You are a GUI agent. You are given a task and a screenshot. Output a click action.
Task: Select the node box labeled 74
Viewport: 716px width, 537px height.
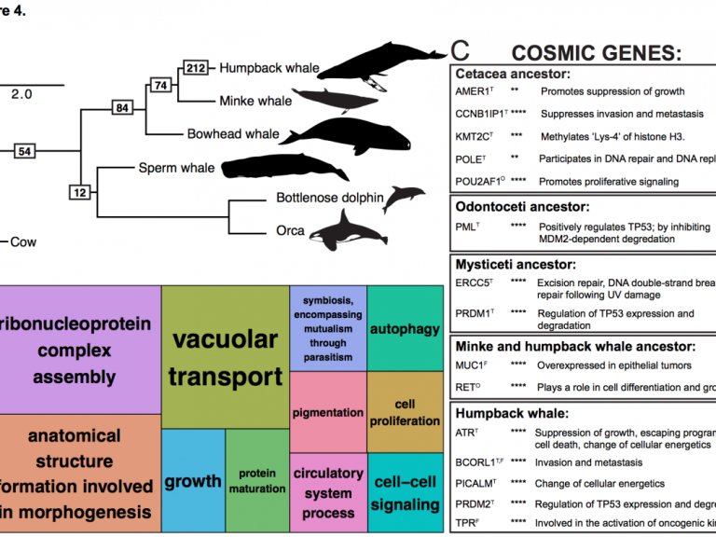[x=161, y=86]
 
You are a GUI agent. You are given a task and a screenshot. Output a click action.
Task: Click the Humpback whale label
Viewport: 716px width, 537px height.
[x=269, y=68]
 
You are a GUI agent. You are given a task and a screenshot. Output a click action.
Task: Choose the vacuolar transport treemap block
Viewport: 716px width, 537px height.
[x=226, y=357]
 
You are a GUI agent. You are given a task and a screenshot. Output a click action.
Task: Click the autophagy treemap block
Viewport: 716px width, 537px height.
[x=405, y=329]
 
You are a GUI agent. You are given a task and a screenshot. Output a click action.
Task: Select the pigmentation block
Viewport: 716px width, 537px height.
[x=327, y=412]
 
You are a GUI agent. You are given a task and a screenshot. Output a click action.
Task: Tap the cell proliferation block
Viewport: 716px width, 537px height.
[x=405, y=412]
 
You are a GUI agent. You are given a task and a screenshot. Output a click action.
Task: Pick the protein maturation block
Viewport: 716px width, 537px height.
[x=257, y=481]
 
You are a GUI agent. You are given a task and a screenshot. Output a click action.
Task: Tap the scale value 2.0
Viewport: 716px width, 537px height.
[x=21, y=94]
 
